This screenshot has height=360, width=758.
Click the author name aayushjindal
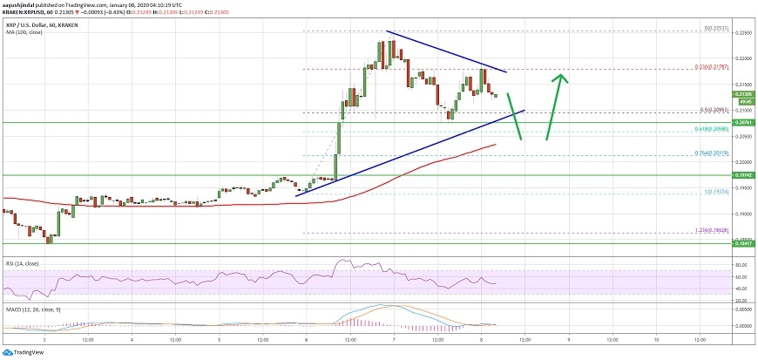click(x=20, y=3)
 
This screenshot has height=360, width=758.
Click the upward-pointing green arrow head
click(x=564, y=78)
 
